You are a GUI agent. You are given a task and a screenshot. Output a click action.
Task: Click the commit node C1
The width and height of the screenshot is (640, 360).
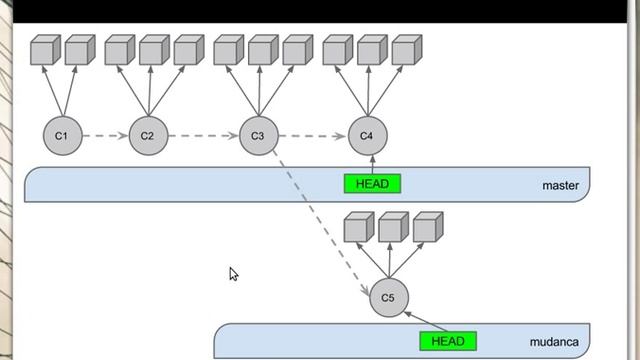(62, 135)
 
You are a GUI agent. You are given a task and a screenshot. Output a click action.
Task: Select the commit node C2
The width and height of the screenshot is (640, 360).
(147, 135)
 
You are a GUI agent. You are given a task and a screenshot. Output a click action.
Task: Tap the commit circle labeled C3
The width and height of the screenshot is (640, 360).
(258, 135)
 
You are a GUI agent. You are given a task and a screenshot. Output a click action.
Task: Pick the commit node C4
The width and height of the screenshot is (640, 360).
(367, 135)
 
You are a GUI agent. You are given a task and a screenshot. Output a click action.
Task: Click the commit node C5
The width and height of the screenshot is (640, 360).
(389, 298)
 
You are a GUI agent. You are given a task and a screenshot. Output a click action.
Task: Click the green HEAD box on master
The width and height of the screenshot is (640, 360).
(371, 184)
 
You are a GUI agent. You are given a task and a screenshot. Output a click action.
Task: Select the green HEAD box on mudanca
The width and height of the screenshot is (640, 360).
(448, 341)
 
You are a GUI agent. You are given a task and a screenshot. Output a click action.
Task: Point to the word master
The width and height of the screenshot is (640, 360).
(560, 185)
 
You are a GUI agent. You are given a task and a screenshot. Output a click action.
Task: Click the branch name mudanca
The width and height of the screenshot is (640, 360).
(553, 342)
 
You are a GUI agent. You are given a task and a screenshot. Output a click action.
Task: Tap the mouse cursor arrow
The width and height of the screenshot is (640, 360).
(233, 273)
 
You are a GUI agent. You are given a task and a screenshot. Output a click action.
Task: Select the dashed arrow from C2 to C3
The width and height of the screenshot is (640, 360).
(202, 135)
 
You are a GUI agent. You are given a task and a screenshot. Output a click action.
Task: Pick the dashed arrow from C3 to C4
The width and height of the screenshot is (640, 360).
(312, 135)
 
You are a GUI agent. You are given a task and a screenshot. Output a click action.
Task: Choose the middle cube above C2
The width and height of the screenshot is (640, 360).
(152, 50)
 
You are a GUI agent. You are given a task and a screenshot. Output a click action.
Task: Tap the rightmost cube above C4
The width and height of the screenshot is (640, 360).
(406, 50)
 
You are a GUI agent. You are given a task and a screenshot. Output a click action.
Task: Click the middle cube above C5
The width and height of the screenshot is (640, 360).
(393, 227)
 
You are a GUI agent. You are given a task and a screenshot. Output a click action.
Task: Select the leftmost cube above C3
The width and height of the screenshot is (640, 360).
(228, 50)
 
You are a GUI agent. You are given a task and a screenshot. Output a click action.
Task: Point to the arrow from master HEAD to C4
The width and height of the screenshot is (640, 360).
(371, 164)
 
